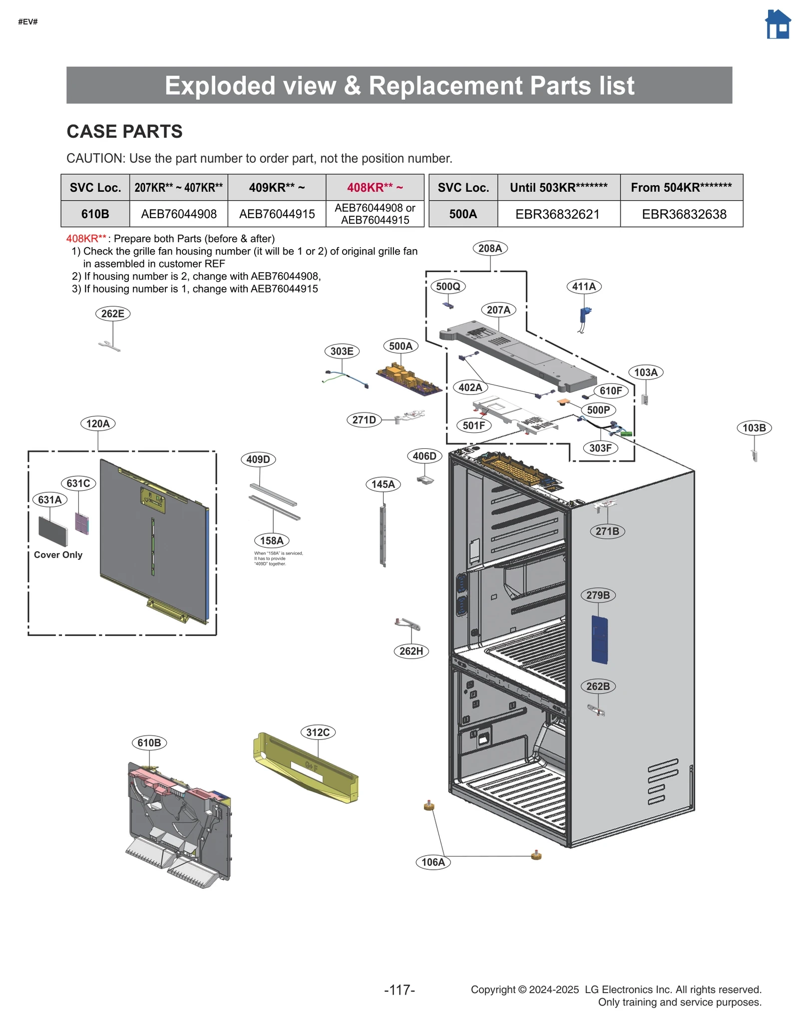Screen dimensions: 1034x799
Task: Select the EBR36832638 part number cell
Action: coord(684,214)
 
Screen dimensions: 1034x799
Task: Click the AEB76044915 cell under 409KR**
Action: coord(277,214)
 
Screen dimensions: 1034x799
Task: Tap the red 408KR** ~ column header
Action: coord(375,187)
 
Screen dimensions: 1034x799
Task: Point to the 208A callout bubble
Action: coord(489,248)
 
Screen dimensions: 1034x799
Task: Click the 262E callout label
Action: coord(113,314)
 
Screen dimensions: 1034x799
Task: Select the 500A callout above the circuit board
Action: coord(400,346)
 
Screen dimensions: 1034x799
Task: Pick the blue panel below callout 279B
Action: coord(599,640)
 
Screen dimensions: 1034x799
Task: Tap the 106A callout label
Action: coord(433,862)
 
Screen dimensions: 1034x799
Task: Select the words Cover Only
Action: coord(58,555)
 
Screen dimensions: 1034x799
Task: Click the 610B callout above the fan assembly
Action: coord(149,742)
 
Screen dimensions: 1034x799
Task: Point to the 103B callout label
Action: coord(754,428)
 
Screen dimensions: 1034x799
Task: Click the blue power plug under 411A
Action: coord(584,316)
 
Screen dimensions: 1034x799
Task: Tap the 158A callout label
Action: coord(272,540)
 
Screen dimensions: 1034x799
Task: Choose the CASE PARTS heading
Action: coord(124,131)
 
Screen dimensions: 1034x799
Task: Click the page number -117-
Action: coord(399,990)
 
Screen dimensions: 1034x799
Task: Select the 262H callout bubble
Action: coord(411,651)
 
